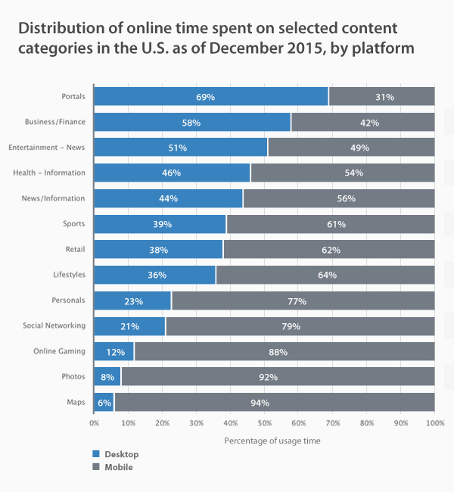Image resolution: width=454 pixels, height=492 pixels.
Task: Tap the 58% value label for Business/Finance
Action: (192, 123)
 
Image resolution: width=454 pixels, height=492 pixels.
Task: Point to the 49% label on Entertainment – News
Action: (360, 148)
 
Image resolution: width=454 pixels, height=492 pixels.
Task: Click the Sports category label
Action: (74, 224)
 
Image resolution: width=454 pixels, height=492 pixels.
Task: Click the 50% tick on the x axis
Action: (264, 422)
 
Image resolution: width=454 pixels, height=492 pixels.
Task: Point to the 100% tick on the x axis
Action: (434, 422)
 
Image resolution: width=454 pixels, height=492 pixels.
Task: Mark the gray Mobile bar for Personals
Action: (303, 300)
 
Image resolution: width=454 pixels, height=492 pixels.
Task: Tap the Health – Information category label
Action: (49, 173)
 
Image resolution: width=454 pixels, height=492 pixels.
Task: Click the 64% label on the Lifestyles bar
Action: (327, 275)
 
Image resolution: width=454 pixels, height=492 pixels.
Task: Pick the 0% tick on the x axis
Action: (95, 422)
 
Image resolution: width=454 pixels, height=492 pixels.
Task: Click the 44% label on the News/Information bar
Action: (168, 198)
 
